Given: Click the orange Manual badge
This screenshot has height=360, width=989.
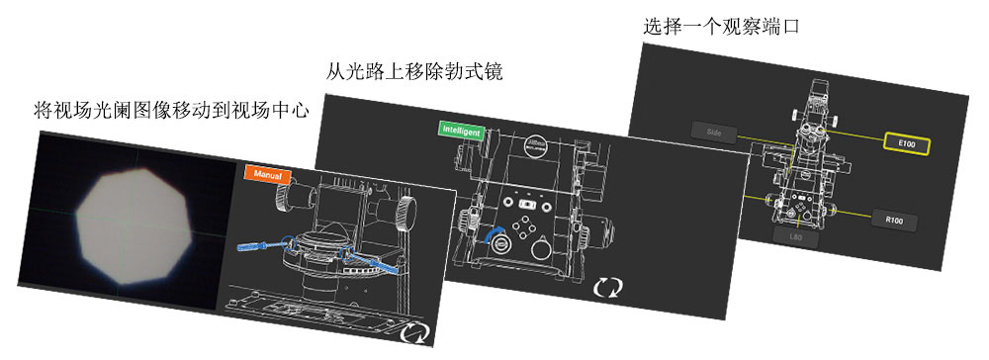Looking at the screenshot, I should click(267, 174).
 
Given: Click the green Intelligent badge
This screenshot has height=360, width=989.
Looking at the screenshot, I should click(459, 128).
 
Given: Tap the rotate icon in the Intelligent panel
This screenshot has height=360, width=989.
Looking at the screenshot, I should click(609, 288).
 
